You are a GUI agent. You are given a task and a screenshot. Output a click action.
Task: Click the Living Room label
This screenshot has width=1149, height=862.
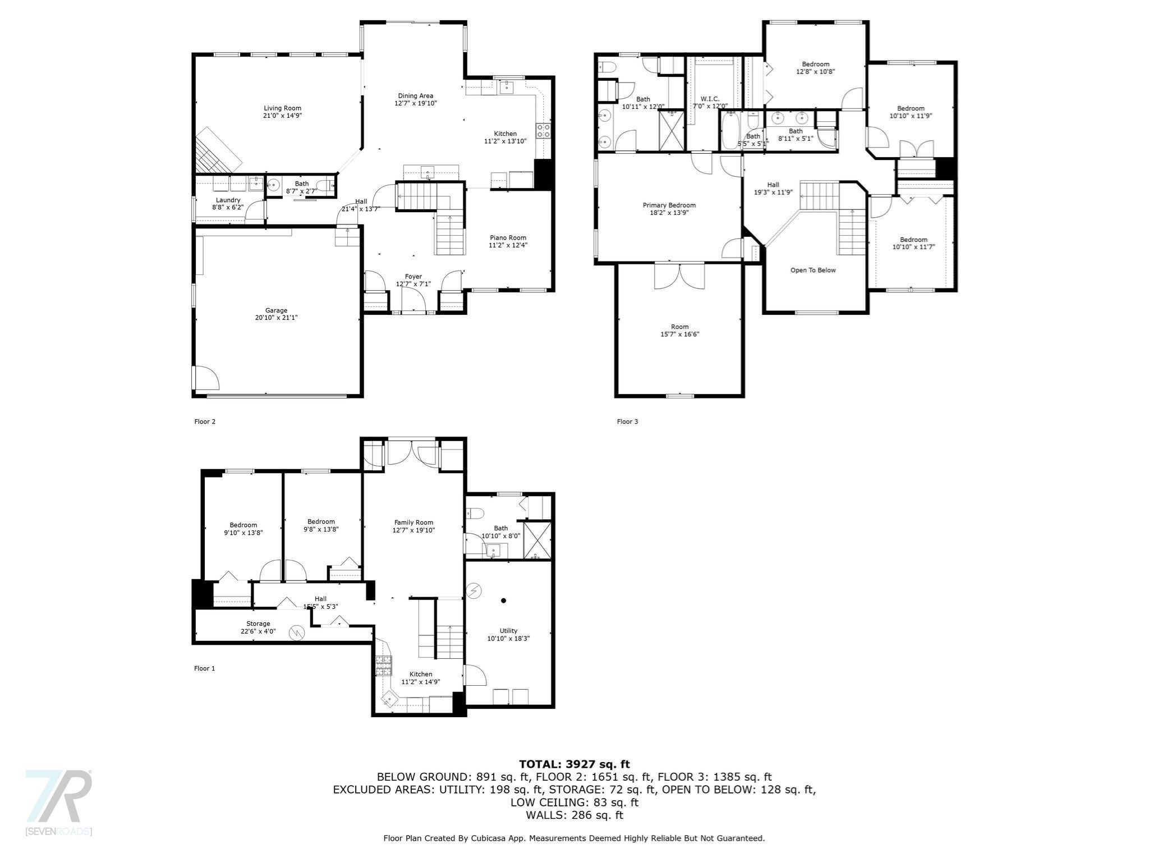(282, 108)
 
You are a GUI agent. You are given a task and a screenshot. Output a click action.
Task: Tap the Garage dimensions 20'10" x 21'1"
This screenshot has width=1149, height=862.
(276, 318)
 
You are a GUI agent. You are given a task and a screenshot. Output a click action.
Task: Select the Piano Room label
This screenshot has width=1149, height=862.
(508, 237)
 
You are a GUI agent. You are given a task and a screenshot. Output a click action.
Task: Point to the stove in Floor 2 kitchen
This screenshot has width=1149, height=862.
(544, 131)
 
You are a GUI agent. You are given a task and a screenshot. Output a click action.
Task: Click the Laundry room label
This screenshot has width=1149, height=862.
(228, 200)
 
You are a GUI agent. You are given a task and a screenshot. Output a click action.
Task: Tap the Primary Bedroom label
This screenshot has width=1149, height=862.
(669, 205)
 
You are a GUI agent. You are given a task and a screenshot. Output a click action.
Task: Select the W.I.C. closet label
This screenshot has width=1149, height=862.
(709, 99)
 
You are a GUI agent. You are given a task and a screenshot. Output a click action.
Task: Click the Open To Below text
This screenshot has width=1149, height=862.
(812, 270)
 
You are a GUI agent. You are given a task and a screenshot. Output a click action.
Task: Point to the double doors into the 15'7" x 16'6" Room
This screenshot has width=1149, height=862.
(679, 276)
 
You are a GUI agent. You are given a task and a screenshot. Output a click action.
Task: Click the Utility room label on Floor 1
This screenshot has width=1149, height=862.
(508, 631)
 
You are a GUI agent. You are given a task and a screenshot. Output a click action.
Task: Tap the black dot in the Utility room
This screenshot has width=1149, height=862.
(503, 600)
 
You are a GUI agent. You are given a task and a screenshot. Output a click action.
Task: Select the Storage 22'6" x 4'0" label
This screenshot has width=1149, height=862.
(258, 623)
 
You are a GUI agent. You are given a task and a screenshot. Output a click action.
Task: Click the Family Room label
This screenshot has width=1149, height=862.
(413, 522)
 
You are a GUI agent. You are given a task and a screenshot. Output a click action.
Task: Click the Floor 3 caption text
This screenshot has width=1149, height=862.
(627, 421)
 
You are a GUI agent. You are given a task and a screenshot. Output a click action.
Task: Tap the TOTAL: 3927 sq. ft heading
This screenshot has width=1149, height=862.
(574, 764)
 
